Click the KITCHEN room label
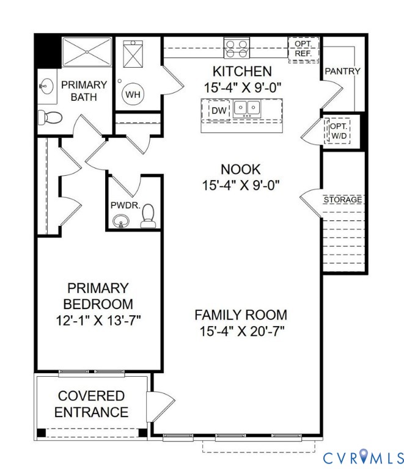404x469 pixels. click(241, 71)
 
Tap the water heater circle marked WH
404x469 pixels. click(133, 95)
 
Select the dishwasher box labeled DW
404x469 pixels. click(219, 111)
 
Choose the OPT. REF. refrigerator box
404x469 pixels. click(304, 49)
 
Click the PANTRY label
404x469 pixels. click(343, 71)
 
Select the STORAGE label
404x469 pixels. click(343, 200)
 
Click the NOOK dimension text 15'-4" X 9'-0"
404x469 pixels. click(241, 184)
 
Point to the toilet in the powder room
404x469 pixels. click(149, 217)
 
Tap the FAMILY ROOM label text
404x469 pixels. click(241, 315)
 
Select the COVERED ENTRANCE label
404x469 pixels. click(92, 404)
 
